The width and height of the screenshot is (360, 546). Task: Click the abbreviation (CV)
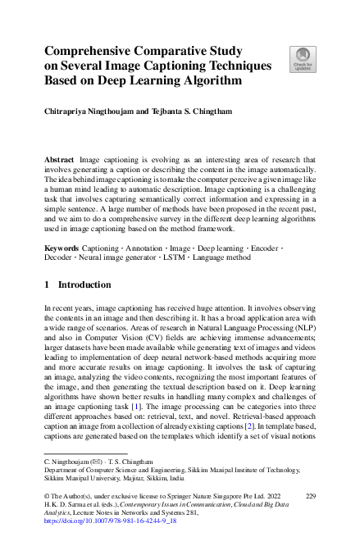click(x=148, y=343)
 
